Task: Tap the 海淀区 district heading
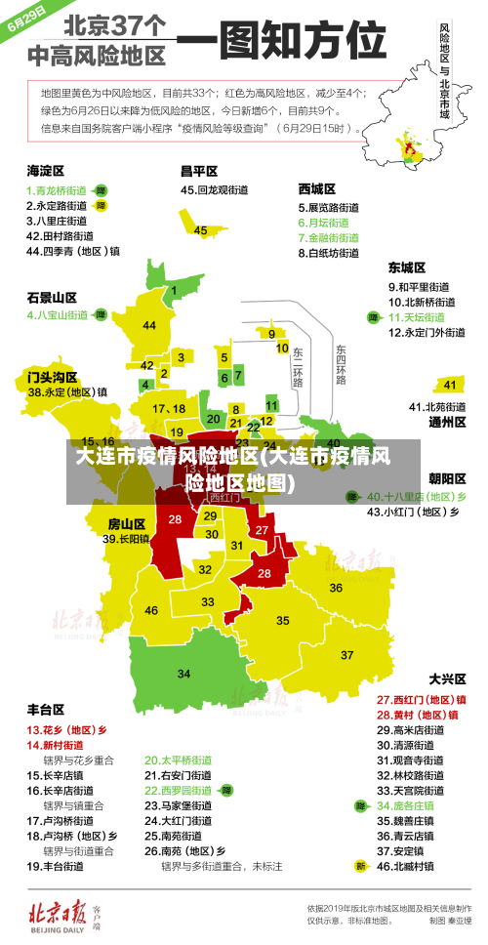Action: [x=45, y=170]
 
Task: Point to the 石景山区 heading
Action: [x=51, y=297]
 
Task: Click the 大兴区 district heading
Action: [x=448, y=678]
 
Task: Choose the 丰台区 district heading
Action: [x=45, y=710]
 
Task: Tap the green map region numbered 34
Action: [x=183, y=673]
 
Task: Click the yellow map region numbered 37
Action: [x=346, y=654]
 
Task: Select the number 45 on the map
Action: [x=201, y=230]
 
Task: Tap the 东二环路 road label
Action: [x=298, y=367]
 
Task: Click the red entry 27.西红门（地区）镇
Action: [x=421, y=699]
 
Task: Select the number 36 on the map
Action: [x=335, y=587]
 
